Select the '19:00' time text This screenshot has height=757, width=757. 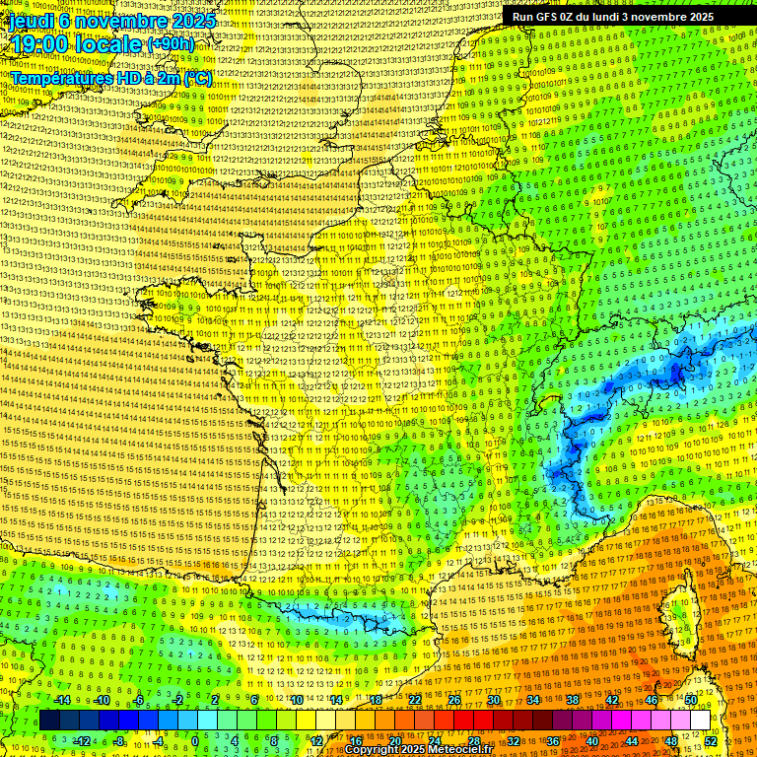(x=38, y=44)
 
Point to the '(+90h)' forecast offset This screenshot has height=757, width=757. (x=170, y=44)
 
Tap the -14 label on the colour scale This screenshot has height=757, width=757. (x=62, y=700)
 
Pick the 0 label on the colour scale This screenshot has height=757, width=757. (x=195, y=740)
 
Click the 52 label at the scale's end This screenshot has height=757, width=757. (x=711, y=740)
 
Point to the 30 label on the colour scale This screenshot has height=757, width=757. (x=493, y=700)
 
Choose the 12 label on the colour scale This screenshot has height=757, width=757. (x=316, y=740)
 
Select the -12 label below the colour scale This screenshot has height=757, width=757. (x=82, y=740)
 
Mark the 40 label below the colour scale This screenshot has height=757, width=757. (x=591, y=740)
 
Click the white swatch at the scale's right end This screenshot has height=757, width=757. (x=700, y=721)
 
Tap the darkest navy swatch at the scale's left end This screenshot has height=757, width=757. (x=50, y=721)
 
